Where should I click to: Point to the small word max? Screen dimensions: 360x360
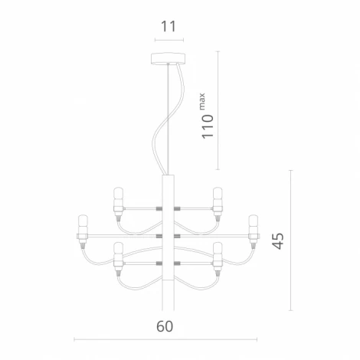coord(203,99)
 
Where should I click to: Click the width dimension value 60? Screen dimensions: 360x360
coord(165,326)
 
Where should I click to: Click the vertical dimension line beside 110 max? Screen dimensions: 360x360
coord(219,111)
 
